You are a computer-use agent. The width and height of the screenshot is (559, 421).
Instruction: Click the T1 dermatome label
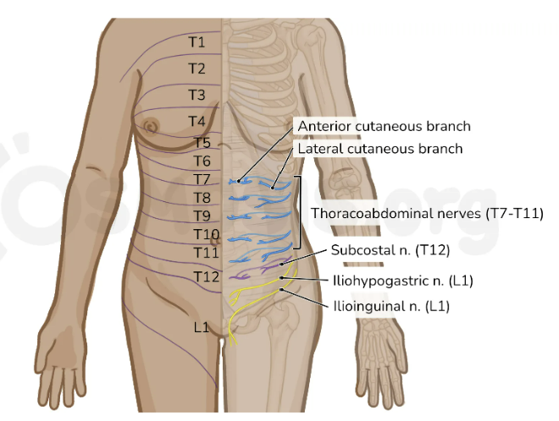(197, 41)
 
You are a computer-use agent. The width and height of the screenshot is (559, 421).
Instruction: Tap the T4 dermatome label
(197, 122)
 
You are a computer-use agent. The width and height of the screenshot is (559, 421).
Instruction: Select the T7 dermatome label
(202, 179)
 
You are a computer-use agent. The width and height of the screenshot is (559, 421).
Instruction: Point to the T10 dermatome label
(207, 234)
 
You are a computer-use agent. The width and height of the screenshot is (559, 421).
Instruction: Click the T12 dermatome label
(206, 276)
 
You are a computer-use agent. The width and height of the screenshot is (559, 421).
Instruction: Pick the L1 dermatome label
(201, 327)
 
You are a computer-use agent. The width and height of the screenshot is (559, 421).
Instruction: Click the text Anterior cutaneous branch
(384, 126)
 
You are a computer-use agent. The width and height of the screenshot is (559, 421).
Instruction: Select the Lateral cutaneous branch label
(380, 149)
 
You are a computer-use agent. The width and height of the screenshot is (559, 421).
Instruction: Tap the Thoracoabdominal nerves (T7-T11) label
(427, 213)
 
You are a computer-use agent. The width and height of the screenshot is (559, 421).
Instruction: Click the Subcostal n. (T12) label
(390, 250)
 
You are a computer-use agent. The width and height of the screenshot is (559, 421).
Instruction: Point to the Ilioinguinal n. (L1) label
(391, 306)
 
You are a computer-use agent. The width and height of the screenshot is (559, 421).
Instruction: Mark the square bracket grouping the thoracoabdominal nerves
(299, 212)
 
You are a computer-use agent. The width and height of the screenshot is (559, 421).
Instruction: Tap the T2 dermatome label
(197, 68)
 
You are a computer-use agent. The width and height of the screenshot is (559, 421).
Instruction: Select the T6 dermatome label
(202, 161)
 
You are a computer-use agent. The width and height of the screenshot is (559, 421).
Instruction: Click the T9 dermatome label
(202, 216)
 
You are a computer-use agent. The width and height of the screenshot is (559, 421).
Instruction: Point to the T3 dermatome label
(197, 94)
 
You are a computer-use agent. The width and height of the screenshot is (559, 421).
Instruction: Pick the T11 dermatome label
(206, 253)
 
